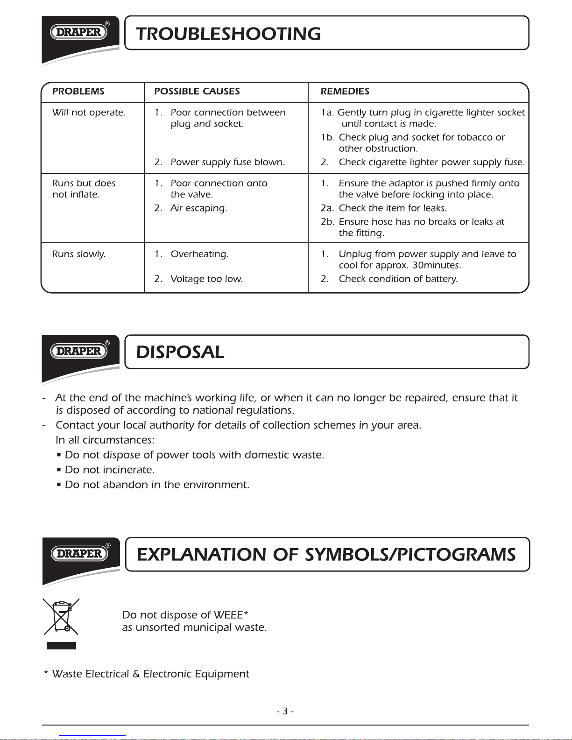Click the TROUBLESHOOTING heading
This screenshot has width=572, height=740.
228,34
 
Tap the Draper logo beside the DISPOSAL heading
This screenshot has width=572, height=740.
79,351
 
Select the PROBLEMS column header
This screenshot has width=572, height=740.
78,92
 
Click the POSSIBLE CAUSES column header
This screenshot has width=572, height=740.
197,92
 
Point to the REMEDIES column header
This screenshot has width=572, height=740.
345,92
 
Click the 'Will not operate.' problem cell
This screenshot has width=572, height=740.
89,113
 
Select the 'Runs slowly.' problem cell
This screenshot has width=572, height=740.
79,254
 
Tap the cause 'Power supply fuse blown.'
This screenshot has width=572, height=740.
227,162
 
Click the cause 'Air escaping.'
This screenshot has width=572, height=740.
198,208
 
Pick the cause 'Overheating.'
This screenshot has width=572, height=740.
199,254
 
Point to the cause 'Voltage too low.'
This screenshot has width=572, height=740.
206,279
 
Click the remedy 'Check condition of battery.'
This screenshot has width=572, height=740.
398,279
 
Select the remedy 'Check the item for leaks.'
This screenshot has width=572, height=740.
393,208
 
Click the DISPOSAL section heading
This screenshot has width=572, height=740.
180,352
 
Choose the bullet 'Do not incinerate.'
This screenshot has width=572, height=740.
109,470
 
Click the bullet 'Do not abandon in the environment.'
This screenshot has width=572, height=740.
157,485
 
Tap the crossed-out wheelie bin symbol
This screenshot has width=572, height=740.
61,617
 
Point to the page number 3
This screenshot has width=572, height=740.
285,712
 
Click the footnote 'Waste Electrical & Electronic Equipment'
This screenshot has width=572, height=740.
150,674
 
